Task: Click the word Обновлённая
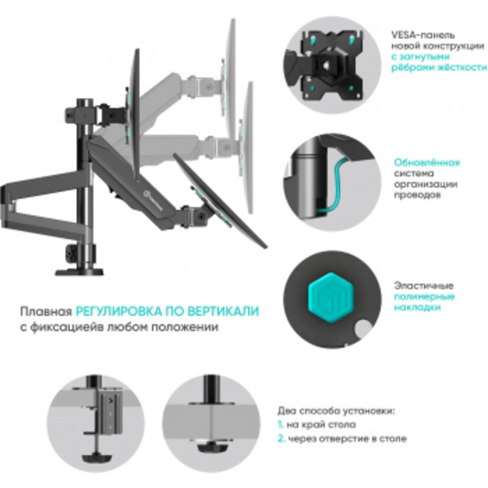tap(427, 163)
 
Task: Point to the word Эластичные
tap(423, 286)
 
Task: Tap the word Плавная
tap(46, 312)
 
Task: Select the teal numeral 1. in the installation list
tap(281, 424)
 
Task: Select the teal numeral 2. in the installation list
tap(281, 439)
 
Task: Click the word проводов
tap(417, 195)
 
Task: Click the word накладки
tap(417, 308)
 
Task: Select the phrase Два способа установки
tap(336, 411)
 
